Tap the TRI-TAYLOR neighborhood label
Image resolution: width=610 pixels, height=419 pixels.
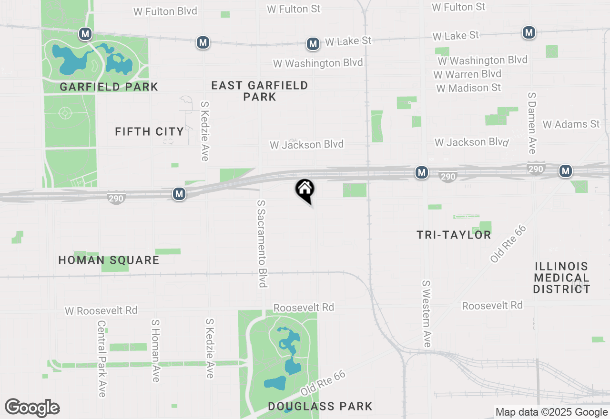(454, 235)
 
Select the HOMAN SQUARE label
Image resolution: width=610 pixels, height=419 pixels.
(109, 260)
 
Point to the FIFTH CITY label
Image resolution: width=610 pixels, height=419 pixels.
(149, 131)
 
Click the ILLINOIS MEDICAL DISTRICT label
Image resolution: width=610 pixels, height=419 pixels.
(561, 278)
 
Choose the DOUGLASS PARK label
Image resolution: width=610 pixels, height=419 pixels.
(320, 406)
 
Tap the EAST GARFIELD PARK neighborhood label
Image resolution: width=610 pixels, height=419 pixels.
(260, 91)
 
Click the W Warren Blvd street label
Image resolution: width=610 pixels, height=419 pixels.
(468, 74)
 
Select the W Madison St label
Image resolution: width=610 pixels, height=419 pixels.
(468, 88)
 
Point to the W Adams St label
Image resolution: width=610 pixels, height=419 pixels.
(571, 124)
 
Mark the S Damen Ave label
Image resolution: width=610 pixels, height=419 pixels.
(532, 123)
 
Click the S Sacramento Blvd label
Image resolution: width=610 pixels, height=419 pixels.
(262, 244)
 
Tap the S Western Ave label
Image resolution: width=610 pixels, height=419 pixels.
(426, 313)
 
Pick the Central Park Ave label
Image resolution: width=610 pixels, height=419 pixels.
(102, 359)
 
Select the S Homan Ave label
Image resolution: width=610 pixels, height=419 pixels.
(155, 350)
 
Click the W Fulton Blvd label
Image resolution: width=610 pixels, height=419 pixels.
(165, 11)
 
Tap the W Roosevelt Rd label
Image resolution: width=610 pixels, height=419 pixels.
(101, 311)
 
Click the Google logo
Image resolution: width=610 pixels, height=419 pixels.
(32, 408)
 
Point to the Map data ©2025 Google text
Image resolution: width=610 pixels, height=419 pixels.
(551, 412)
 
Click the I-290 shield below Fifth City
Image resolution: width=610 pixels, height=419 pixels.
(116, 199)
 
